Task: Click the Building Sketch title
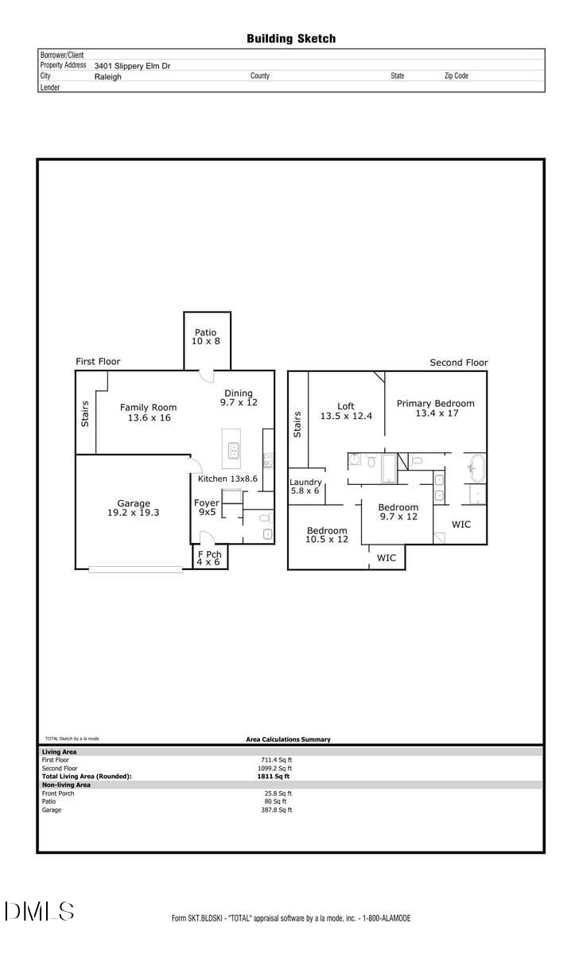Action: pos(291,38)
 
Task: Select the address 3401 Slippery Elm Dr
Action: pos(132,66)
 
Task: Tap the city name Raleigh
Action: pos(108,77)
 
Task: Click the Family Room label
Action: pos(148,413)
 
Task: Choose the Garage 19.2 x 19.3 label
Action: pos(134,508)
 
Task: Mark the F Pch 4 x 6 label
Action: pos(210,557)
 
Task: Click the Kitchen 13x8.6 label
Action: pos(227,479)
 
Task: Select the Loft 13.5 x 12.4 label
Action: pos(346,411)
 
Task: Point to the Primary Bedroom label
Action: pos(436,408)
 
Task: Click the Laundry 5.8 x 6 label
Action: pos(305,487)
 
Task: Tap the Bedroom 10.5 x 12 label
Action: pos(327,535)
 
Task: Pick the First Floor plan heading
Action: pos(98,362)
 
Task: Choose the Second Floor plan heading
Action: pos(459,363)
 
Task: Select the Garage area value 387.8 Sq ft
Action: pos(278,810)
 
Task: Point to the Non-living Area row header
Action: pos(66,785)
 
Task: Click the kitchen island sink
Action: pos(234,451)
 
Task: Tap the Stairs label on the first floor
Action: pos(85,413)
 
